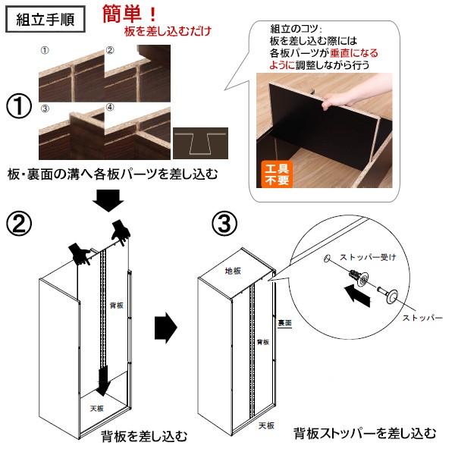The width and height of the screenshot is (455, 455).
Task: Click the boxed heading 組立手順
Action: point(44,18)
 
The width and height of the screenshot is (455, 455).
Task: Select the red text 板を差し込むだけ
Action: point(168,32)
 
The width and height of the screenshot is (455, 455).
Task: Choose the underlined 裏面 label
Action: point(284,322)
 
